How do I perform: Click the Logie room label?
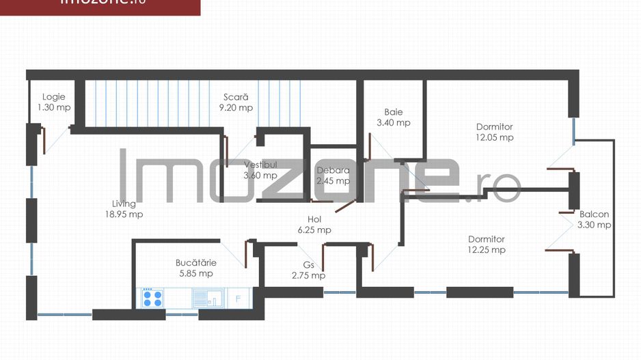(54, 97)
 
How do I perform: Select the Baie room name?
(394, 112)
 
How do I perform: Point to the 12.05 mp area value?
(494, 137)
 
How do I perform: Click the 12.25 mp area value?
(487, 250)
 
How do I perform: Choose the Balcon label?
(594, 214)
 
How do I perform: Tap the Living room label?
(124, 204)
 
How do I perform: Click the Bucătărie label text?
(196, 262)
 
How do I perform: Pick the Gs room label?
(308, 265)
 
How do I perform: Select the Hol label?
(314, 219)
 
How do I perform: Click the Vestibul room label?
(260, 165)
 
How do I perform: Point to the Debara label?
(333, 170)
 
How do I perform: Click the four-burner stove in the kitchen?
(152, 298)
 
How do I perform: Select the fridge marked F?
(238, 298)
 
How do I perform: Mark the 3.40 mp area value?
(394, 123)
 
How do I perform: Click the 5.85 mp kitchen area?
(196, 273)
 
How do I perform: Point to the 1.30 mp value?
(54, 107)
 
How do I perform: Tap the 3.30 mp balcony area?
(594, 225)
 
